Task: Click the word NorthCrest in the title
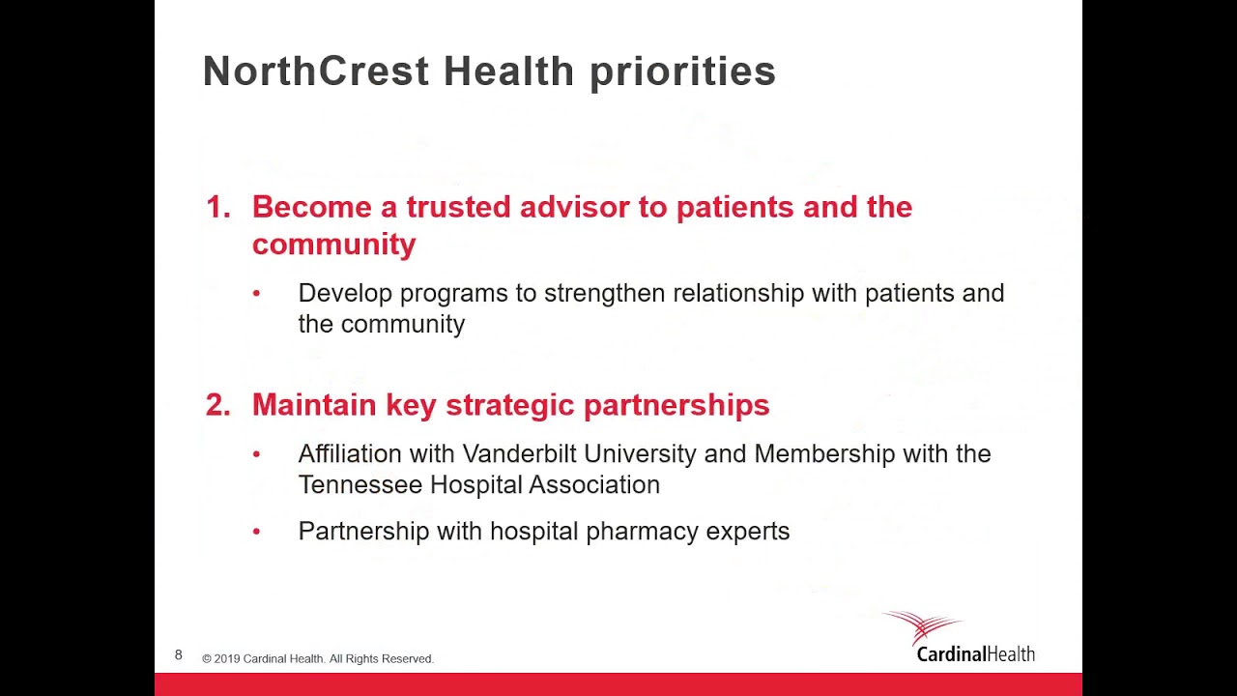[x=315, y=72]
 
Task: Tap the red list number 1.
[x=216, y=207]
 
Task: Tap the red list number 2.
[x=217, y=405]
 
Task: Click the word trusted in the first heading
[x=458, y=207]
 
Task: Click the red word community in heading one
[x=333, y=245]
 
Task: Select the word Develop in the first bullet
[x=345, y=294]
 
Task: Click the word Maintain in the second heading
[x=314, y=405]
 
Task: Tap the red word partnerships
[x=676, y=406]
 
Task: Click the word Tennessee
[x=360, y=484]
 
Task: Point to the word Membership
[x=824, y=453]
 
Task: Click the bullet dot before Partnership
[x=256, y=532]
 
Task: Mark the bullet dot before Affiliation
[x=256, y=454]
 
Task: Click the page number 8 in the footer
[x=179, y=655]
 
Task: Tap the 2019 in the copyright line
[x=227, y=659]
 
